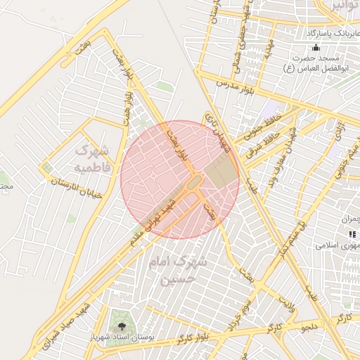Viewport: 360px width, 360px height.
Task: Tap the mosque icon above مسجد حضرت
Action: click(x=316, y=48)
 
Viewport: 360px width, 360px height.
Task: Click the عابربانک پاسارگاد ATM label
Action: click(x=333, y=33)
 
